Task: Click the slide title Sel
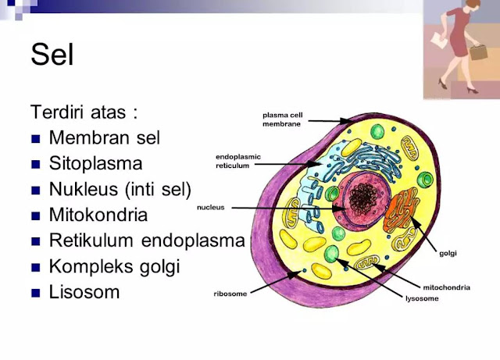(x=52, y=55)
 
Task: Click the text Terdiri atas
(x=84, y=112)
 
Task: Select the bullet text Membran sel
(x=104, y=138)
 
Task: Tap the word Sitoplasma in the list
(x=95, y=164)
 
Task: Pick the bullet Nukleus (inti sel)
(x=120, y=190)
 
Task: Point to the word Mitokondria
(x=98, y=215)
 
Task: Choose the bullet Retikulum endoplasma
(x=146, y=241)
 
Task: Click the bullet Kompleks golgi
(x=114, y=266)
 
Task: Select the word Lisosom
(x=84, y=292)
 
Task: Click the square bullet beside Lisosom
(x=35, y=294)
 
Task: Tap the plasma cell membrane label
(x=281, y=118)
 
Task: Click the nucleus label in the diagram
(x=211, y=208)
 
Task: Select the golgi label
(x=448, y=254)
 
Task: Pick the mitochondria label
(x=446, y=287)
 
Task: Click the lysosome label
(x=420, y=298)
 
